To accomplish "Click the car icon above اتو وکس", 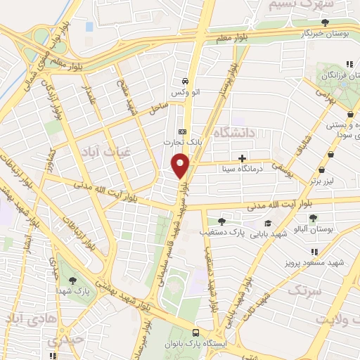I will (x=185, y=81).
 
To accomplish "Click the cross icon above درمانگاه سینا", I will (x=243, y=158).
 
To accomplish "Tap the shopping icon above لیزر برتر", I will (x=322, y=169).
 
